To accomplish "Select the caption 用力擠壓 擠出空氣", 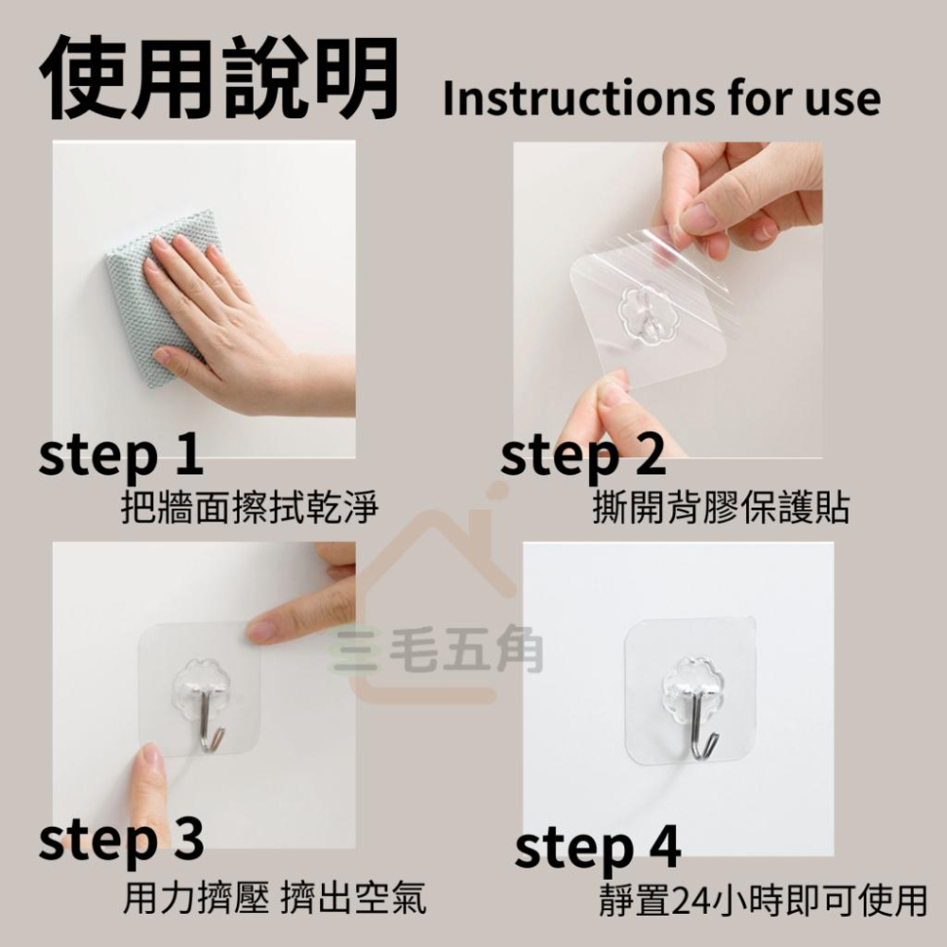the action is (x=275, y=898).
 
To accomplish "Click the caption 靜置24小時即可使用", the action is (x=762, y=900).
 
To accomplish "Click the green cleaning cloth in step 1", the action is (x=163, y=295).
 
